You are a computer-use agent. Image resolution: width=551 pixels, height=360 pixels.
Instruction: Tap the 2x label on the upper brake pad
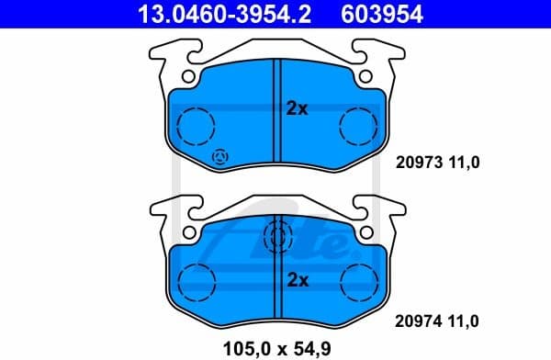[297, 108]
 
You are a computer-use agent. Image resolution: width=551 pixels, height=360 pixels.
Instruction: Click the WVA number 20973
[414, 163]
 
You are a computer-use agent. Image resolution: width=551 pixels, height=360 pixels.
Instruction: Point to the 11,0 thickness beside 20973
[464, 163]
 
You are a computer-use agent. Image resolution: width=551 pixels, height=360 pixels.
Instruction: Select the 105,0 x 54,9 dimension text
[275, 347]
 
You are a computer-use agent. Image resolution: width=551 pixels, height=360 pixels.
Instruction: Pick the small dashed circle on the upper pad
[220, 157]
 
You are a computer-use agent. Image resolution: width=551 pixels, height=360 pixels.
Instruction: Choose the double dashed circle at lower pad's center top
[275, 238]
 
